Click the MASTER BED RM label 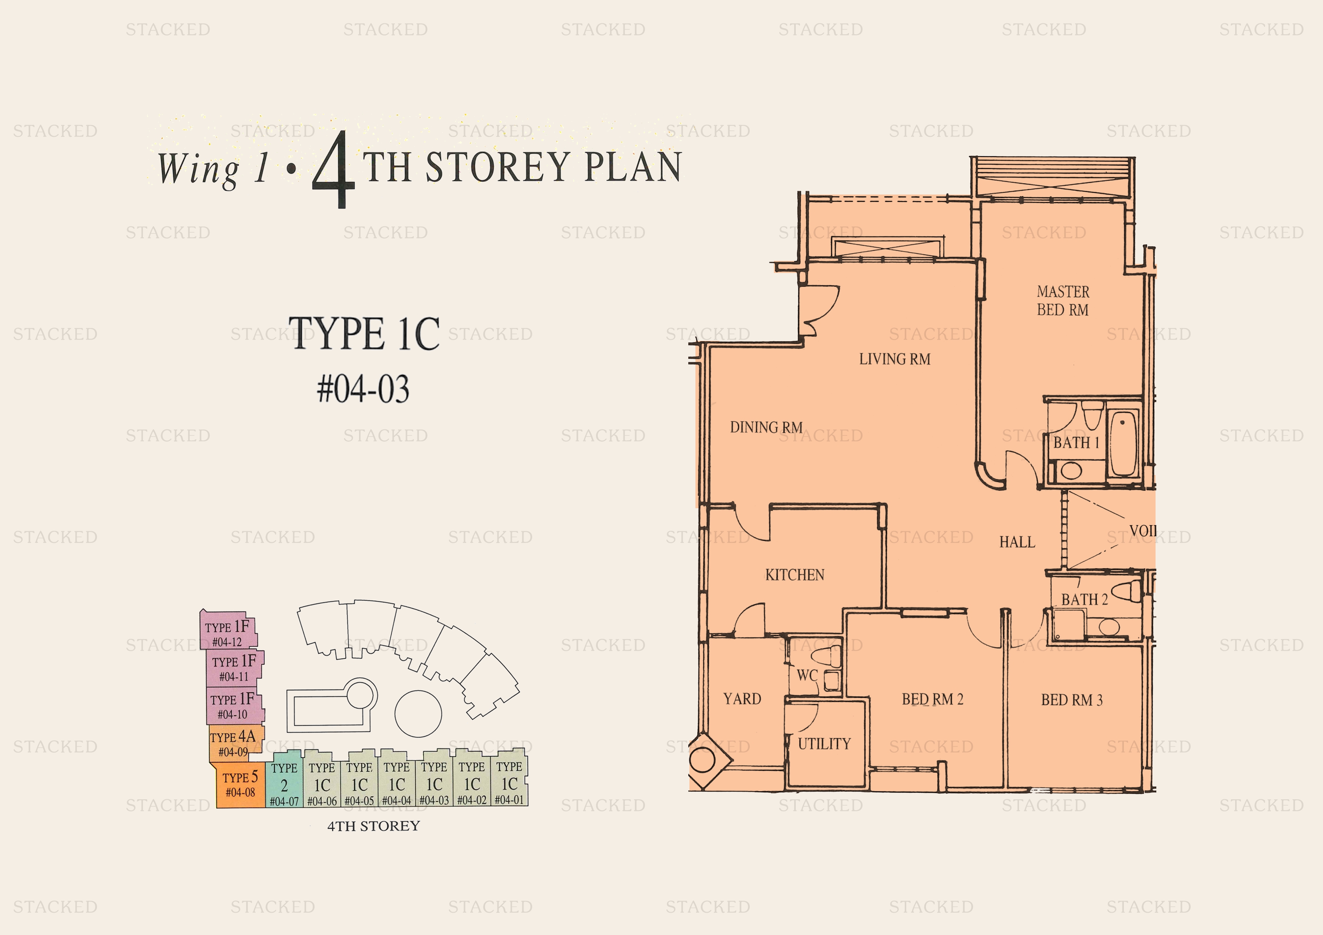[1063, 301]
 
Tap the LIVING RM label [895, 359]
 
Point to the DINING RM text [766, 428]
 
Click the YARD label [742, 699]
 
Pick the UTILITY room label [824, 744]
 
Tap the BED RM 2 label [932, 699]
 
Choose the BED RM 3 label [1072, 700]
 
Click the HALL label [1017, 542]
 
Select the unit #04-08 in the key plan [239, 785]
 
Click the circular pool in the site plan [418, 714]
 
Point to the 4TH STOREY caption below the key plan [373, 826]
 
